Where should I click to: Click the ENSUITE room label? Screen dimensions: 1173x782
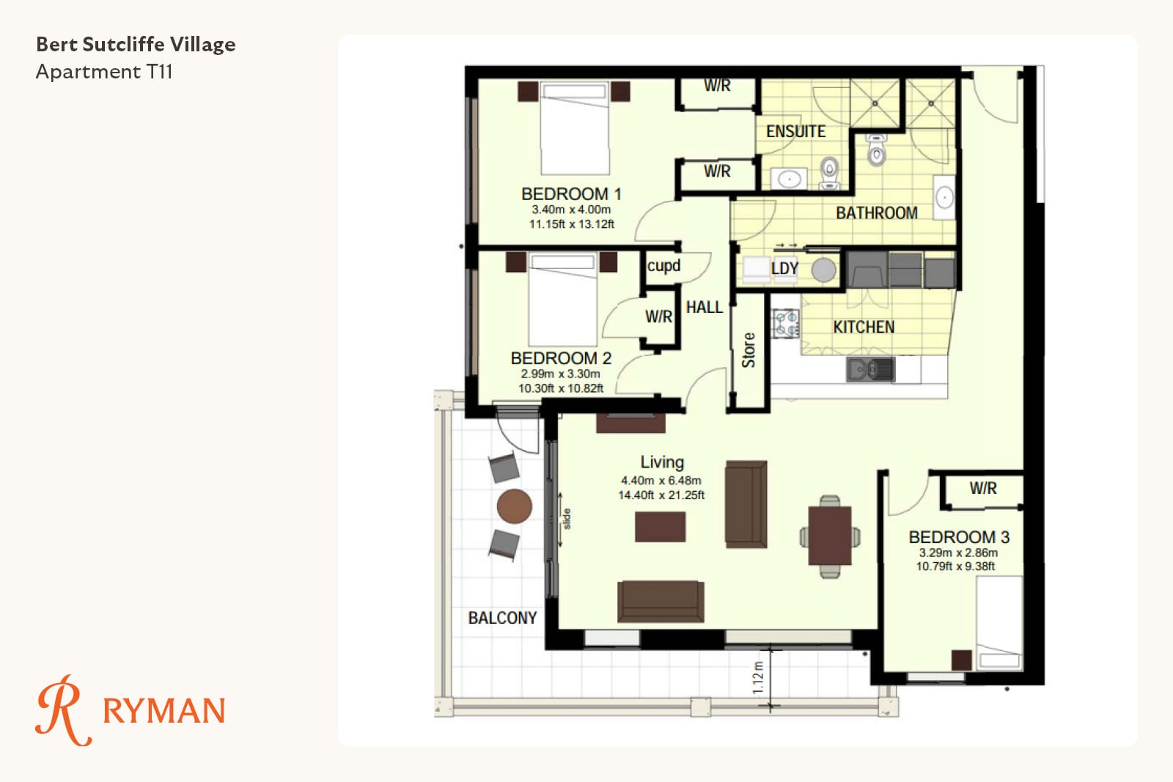(795, 131)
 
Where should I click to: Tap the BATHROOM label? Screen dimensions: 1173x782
(877, 213)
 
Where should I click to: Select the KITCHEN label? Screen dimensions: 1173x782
(864, 327)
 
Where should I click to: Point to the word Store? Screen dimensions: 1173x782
(749, 350)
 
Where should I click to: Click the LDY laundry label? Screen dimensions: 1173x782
(784, 268)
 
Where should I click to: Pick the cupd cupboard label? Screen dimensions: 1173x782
(663, 266)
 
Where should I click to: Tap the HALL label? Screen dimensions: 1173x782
(705, 307)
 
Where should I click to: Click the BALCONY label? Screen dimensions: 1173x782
(502, 618)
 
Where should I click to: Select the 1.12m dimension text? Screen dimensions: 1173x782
(757, 678)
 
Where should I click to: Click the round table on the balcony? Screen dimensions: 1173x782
(514, 506)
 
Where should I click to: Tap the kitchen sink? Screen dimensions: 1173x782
(870, 369)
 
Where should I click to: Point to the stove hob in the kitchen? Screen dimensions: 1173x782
(786, 323)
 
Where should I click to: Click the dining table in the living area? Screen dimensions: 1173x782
(829, 536)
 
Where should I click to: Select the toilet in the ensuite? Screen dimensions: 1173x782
(829, 173)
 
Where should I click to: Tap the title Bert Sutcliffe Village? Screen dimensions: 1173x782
(136, 45)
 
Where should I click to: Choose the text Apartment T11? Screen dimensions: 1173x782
(103, 72)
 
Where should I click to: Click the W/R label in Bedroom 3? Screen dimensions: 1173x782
(983, 488)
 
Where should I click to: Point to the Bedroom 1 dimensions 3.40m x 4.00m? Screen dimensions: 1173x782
(571, 210)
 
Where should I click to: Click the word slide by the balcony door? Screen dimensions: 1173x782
(567, 519)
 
